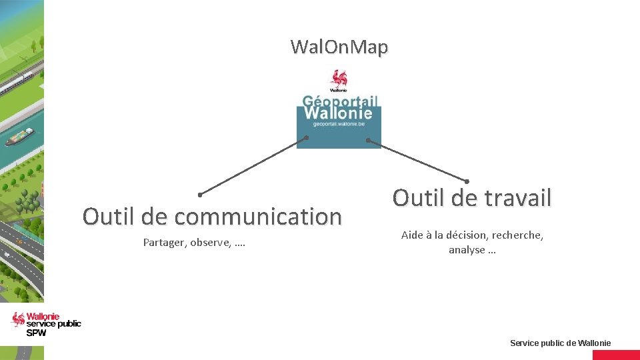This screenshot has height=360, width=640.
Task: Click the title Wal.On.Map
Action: [x=339, y=47]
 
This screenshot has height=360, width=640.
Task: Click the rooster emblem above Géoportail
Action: [x=339, y=80]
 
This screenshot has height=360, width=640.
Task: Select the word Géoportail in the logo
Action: [x=340, y=101]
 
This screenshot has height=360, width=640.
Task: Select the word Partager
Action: [x=164, y=243]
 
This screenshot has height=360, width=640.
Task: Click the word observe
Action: [x=211, y=243]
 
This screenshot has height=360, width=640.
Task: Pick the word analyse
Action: [x=467, y=250]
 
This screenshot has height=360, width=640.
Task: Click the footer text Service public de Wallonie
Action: [x=560, y=343]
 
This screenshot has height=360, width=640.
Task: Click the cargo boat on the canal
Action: [x=20, y=136]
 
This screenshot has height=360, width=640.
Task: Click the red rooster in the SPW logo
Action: [x=18, y=319]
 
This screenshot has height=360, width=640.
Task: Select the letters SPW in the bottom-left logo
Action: [x=37, y=333]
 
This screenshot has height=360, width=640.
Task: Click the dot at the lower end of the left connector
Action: [x=200, y=195]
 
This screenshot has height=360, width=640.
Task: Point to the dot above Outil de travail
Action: [x=467, y=181]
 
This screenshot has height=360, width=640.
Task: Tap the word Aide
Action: [x=412, y=235]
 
